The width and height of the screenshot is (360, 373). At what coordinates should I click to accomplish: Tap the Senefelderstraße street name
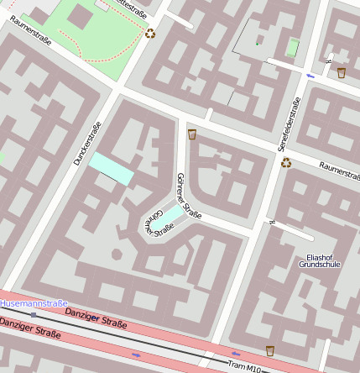[x=290, y=125]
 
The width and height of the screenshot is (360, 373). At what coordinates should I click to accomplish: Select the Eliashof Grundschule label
[x=320, y=260]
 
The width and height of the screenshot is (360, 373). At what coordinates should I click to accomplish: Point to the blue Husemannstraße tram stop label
[x=34, y=302]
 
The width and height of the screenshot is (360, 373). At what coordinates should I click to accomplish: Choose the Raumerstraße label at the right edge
[x=338, y=170]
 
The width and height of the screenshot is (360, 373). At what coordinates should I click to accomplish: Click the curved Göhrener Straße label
[x=152, y=221]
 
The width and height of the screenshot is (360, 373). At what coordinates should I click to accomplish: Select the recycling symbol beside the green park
[x=150, y=34]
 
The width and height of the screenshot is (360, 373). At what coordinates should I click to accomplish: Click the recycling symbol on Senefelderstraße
[x=286, y=162]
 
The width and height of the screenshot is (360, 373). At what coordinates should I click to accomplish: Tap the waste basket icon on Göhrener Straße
[x=192, y=134]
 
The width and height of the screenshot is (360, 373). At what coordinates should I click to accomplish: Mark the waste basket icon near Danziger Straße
[x=269, y=350]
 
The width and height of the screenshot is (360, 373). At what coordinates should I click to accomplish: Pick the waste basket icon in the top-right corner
[x=342, y=73]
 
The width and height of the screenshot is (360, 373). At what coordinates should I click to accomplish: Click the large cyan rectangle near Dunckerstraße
[x=112, y=168]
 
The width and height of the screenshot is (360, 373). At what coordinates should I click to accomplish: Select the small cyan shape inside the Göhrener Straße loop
[x=169, y=218]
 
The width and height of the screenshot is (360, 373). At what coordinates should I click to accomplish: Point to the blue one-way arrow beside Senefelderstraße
[x=310, y=76]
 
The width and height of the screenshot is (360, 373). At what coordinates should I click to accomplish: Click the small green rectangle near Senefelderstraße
[x=292, y=48]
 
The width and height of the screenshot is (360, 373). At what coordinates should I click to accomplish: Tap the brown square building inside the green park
[x=81, y=15]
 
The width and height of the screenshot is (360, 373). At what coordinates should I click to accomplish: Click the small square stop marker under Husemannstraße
[x=34, y=314]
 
